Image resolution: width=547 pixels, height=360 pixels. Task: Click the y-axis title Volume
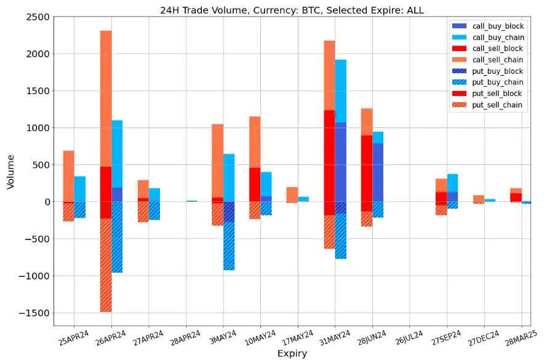pos(10,171)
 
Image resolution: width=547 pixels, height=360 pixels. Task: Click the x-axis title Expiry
pos(292,353)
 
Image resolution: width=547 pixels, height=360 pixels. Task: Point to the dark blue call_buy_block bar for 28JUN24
pos(378,172)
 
